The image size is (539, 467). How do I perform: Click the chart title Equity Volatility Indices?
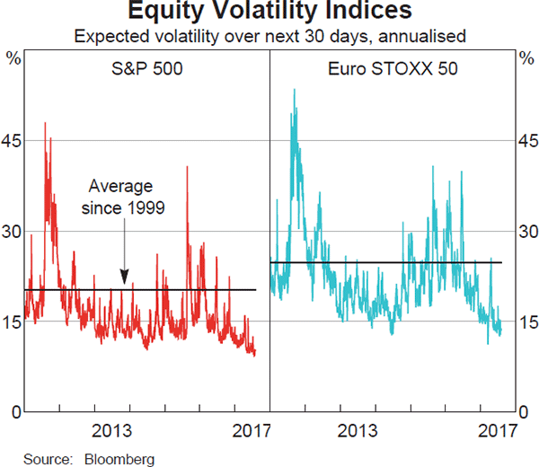(x=269, y=12)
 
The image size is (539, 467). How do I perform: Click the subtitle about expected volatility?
(x=269, y=37)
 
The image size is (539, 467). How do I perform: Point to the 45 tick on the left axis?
(x=13, y=141)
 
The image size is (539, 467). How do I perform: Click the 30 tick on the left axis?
(x=13, y=232)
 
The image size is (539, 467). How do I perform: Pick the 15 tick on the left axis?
(x=13, y=322)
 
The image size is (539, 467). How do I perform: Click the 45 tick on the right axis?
(x=526, y=141)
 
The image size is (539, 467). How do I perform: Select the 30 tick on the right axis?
(x=526, y=232)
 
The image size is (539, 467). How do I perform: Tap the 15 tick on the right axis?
(x=526, y=322)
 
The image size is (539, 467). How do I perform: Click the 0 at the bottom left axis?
(x=16, y=412)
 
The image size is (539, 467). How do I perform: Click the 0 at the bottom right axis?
(x=524, y=412)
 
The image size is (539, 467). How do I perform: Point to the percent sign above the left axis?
(x=13, y=59)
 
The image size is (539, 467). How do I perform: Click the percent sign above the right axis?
(x=526, y=59)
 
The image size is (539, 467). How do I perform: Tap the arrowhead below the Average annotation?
(x=124, y=279)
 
